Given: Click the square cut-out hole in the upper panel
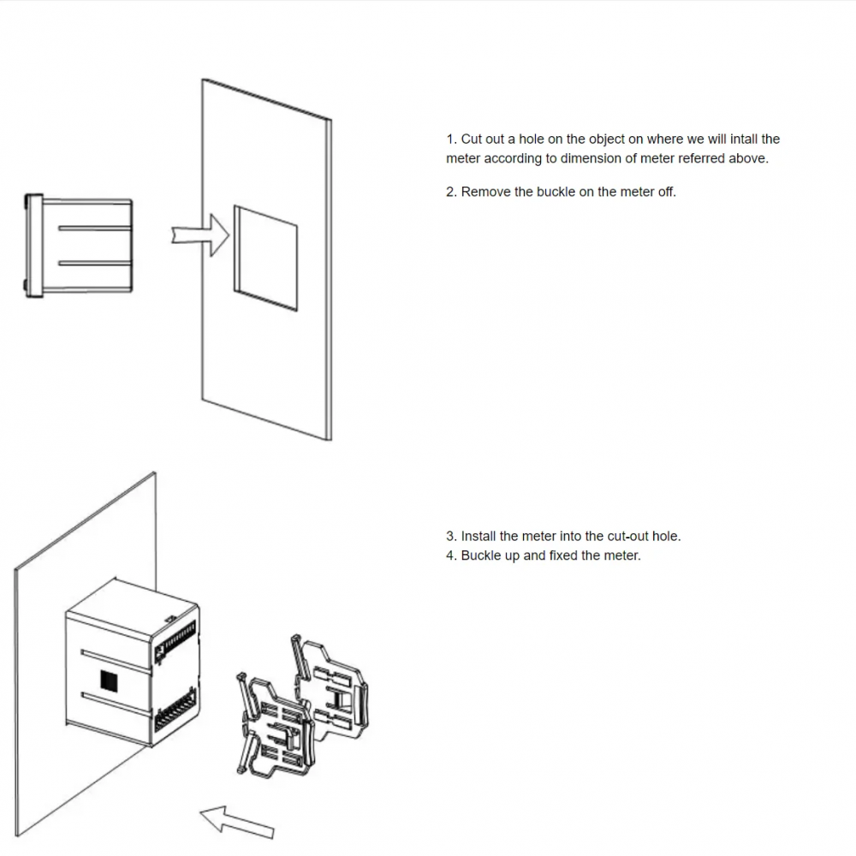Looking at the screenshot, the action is [265, 257].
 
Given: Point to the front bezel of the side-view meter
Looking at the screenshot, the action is [34, 247].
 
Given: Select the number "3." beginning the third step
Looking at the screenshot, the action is [451, 537].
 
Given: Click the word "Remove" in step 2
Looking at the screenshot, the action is [485, 192].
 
